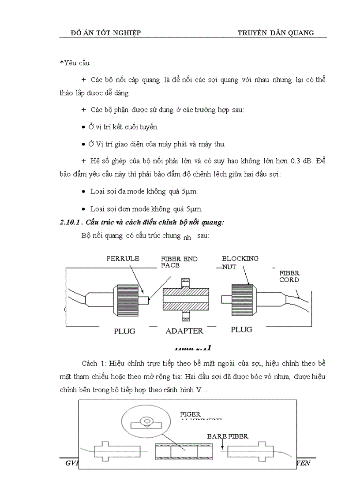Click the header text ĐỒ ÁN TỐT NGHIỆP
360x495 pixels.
point(105,33)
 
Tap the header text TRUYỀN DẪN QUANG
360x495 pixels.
point(276,33)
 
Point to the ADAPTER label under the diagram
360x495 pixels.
point(184,331)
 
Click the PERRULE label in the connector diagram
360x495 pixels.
point(123,259)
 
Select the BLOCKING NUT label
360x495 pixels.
point(240,263)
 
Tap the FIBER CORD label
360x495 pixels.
point(289,276)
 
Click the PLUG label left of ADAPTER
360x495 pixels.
point(124,331)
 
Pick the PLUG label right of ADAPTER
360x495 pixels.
point(241,330)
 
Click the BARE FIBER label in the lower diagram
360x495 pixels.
point(228,436)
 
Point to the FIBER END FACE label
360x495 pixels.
point(179,262)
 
